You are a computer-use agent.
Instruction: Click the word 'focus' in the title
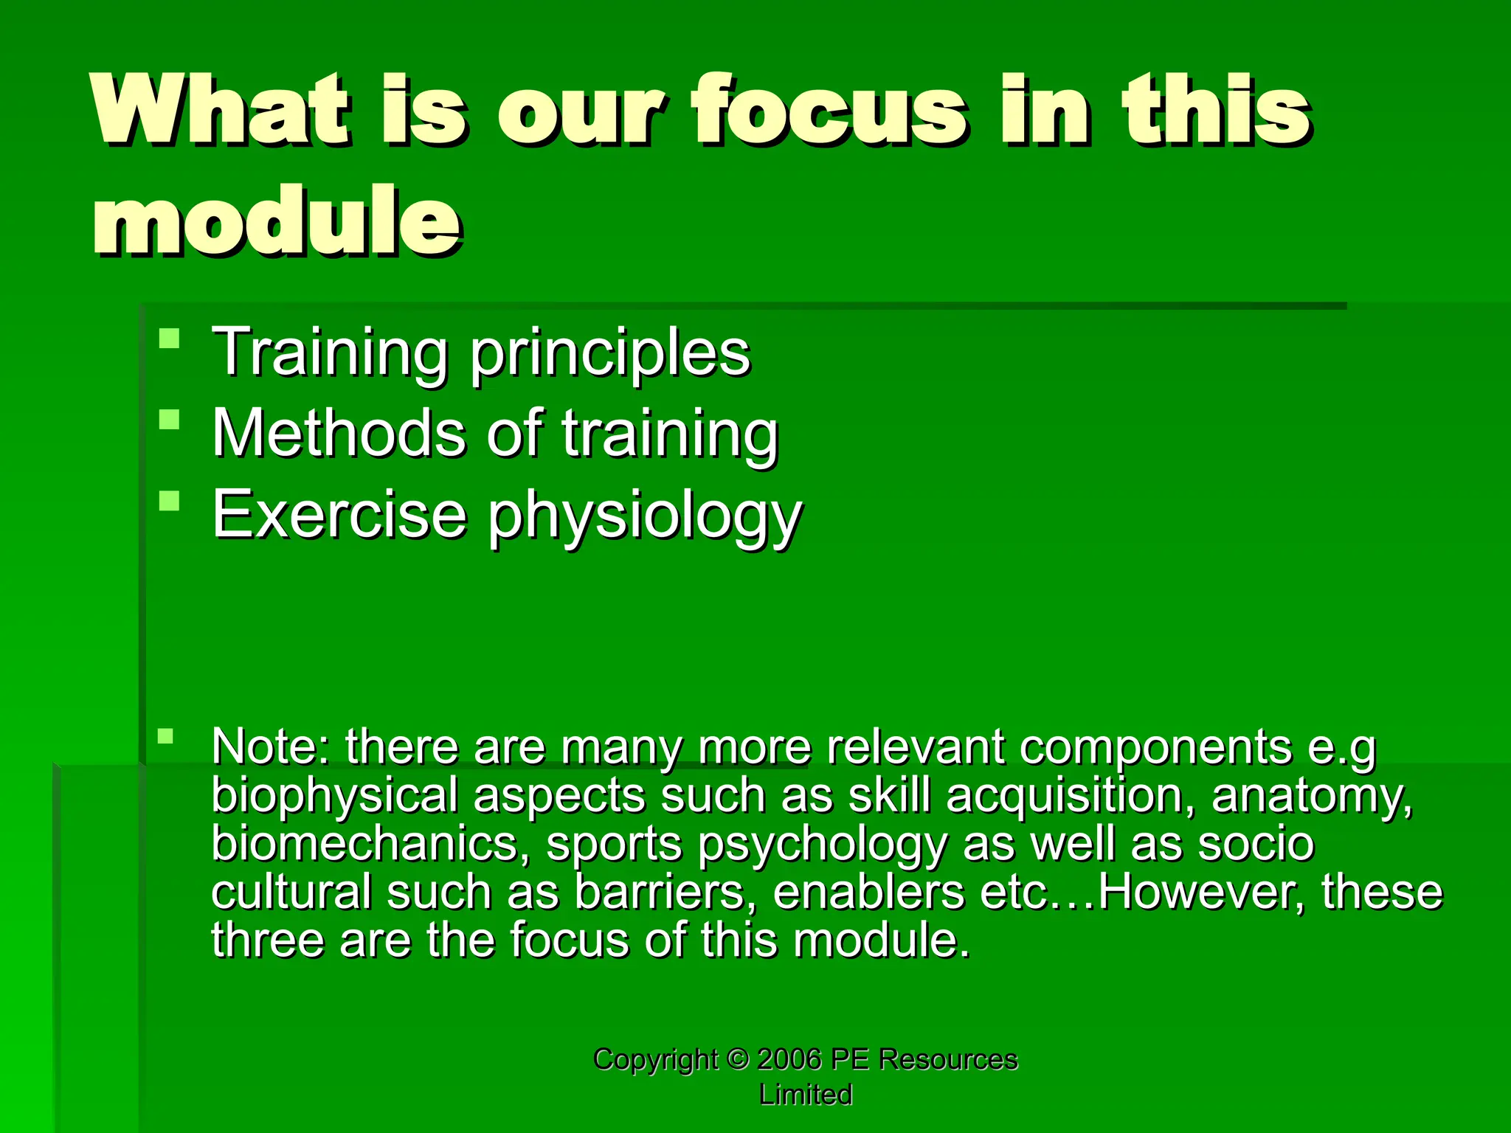click(x=828, y=111)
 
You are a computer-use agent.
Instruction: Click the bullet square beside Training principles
click(x=169, y=339)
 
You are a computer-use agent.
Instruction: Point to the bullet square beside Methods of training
click(x=169, y=420)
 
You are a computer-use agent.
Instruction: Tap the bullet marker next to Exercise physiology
click(x=169, y=501)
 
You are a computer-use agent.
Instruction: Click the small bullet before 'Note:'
click(x=165, y=735)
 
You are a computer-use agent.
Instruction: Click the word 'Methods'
click(x=339, y=434)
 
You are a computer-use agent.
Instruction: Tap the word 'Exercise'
click(x=339, y=514)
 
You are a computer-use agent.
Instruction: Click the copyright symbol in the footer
click(x=737, y=1059)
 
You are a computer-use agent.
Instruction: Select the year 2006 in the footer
click(x=789, y=1059)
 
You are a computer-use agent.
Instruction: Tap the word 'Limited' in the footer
click(x=806, y=1095)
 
